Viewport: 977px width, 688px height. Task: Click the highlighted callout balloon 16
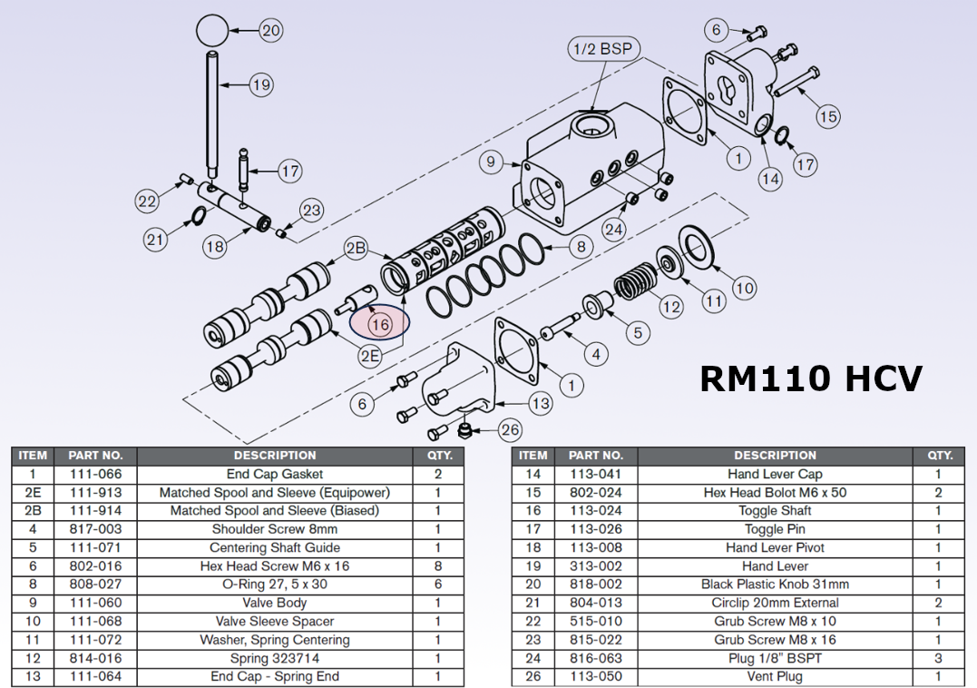click(x=379, y=322)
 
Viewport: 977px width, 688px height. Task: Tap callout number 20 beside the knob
click(x=271, y=30)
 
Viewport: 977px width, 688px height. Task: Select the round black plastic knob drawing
click(x=211, y=30)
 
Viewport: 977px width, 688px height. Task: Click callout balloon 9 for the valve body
click(x=491, y=162)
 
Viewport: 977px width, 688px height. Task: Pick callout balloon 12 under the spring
click(x=670, y=307)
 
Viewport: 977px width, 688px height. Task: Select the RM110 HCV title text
click(x=811, y=378)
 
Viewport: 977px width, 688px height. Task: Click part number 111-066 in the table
click(x=96, y=474)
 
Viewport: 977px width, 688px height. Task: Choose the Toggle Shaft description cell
click(x=775, y=511)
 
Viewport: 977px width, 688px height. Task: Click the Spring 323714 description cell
click(x=274, y=658)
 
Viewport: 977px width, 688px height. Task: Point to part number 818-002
click(x=595, y=585)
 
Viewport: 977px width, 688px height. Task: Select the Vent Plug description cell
click(x=775, y=676)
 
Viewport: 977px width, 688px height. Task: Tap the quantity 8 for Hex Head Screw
click(x=438, y=566)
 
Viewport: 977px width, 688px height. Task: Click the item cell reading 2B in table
click(x=33, y=511)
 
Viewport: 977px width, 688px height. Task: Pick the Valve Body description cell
click(x=274, y=603)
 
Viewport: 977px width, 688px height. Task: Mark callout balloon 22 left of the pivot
click(x=147, y=201)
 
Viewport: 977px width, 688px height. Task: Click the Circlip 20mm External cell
click(x=775, y=603)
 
